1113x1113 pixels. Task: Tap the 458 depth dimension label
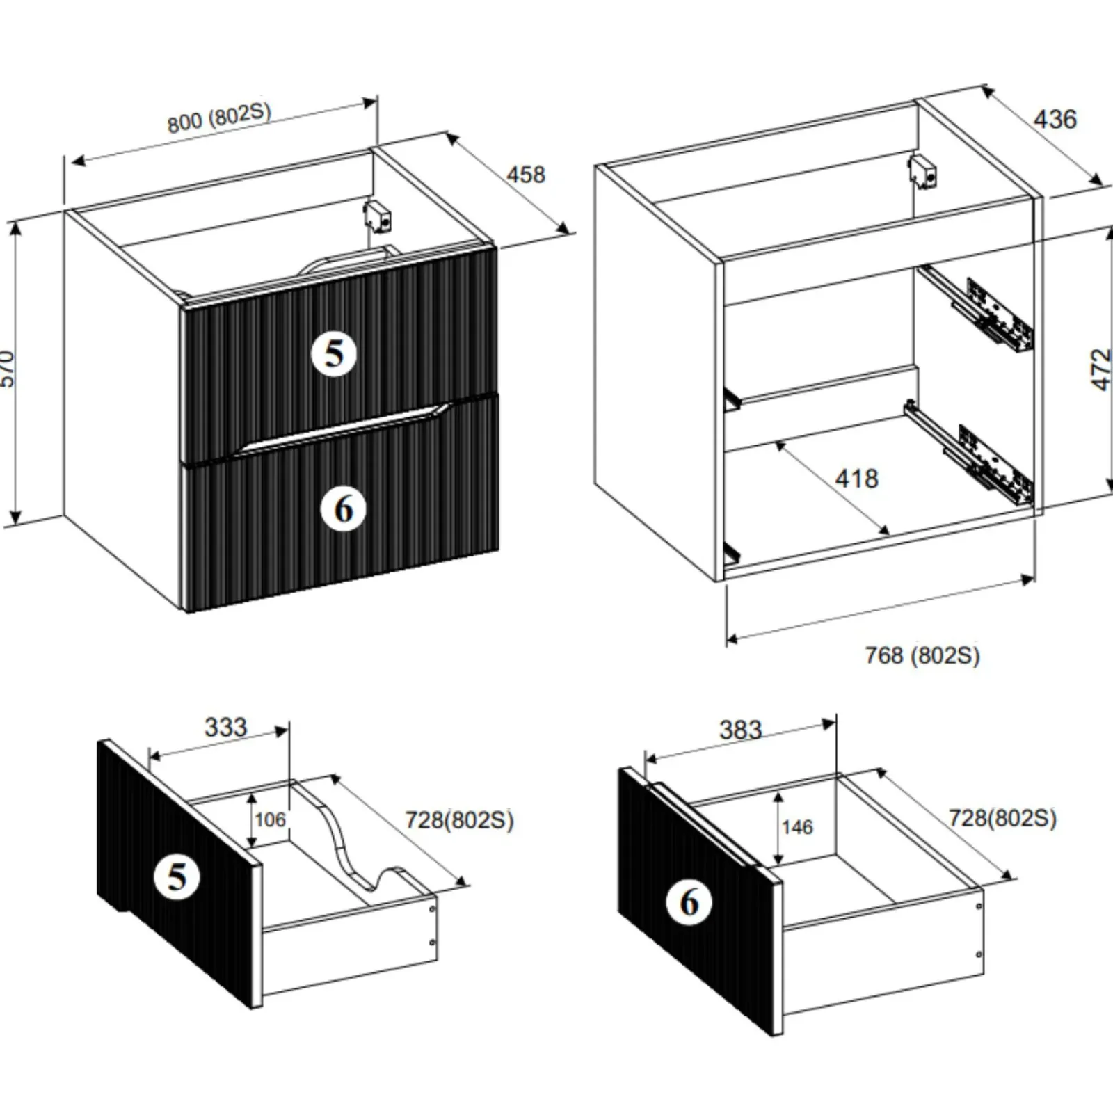click(525, 175)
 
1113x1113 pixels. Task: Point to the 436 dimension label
click(1055, 120)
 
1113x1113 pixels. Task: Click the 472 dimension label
click(1100, 369)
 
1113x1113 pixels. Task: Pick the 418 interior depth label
click(856, 479)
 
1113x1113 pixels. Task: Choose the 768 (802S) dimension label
click(922, 655)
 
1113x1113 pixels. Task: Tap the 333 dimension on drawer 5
click(225, 728)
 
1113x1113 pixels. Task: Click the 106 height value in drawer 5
click(270, 819)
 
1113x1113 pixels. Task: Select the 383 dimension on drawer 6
click(740, 730)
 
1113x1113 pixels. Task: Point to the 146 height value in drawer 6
click(796, 827)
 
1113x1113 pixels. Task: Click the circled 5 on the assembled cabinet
click(335, 353)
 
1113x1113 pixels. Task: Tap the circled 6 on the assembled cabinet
click(344, 510)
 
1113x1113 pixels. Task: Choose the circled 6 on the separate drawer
click(689, 902)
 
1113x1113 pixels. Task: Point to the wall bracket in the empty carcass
click(922, 172)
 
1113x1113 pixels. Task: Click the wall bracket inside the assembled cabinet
click(377, 216)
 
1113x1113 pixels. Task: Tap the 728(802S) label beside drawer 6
click(1002, 818)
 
